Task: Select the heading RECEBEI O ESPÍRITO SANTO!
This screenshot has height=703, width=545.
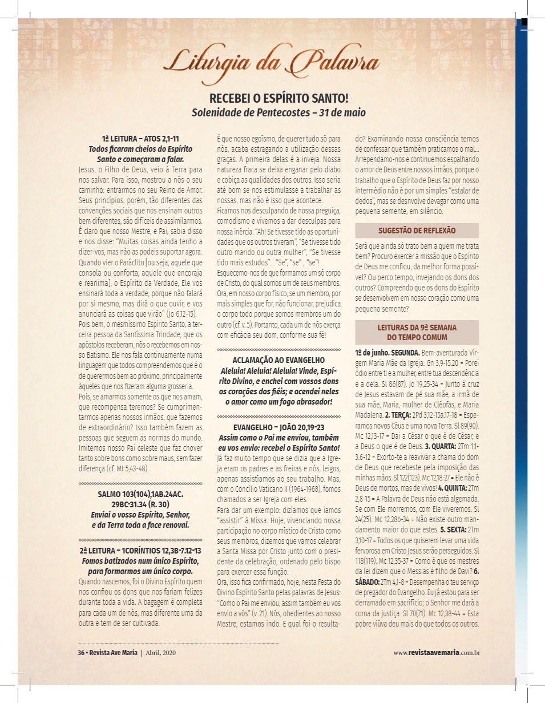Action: coord(278,98)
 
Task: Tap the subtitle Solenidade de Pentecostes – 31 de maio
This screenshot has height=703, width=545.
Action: coord(278,112)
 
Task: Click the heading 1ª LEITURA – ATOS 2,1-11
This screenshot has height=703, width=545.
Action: coord(140,139)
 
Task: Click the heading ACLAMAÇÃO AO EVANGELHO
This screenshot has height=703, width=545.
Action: coord(278,359)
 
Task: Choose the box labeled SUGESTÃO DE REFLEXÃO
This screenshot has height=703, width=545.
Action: coord(417,231)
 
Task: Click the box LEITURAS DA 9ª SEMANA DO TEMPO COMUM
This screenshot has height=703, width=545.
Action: coord(417,332)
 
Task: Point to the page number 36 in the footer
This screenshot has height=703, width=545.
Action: coord(81,653)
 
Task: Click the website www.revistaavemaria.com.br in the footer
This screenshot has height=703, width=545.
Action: coord(436,653)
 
